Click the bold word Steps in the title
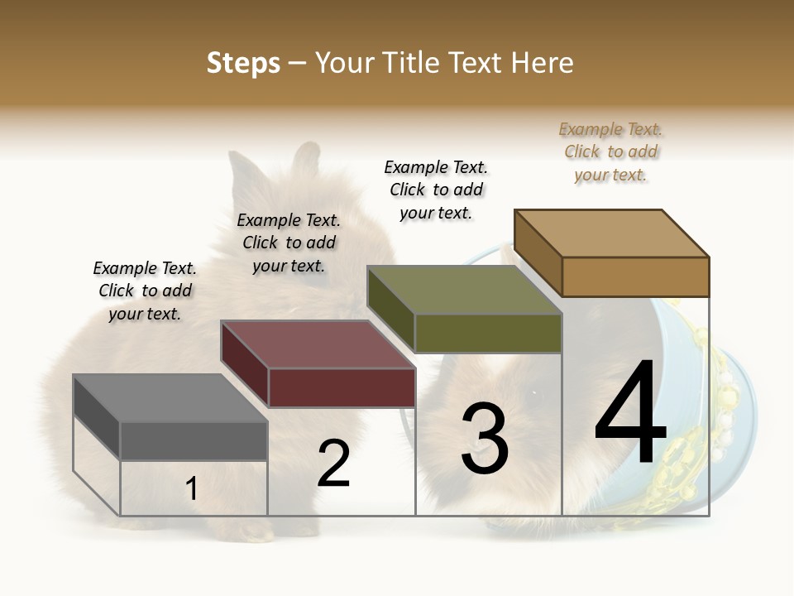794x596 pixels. [x=243, y=63]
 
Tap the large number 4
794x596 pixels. [x=630, y=414]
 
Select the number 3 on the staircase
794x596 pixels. [x=484, y=439]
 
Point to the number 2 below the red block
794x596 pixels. [x=333, y=464]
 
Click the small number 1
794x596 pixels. [x=191, y=489]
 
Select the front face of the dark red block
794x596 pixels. [x=342, y=387]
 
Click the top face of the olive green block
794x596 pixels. [x=464, y=290]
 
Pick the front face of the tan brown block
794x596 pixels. [x=635, y=276]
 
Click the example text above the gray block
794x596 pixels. [x=145, y=291]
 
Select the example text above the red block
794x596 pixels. [x=289, y=243]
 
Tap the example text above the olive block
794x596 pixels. [x=436, y=190]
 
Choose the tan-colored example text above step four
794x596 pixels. [x=610, y=152]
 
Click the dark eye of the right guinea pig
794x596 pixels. [x=533, y=392]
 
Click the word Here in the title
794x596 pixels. [x=543, y=63]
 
